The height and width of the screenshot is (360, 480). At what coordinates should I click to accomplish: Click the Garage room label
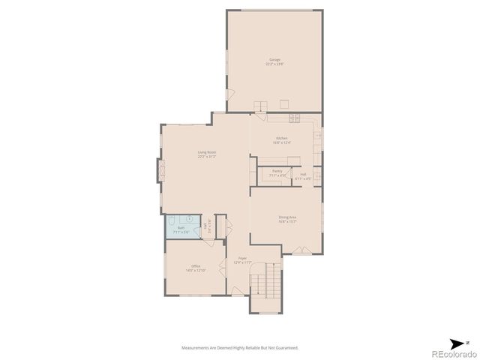tap(274, 61)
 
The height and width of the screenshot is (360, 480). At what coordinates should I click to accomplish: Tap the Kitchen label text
tap(282, 139)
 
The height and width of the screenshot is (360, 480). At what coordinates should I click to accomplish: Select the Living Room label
tap(207, 154)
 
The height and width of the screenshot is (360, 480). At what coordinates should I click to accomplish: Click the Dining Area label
tap(287, 219)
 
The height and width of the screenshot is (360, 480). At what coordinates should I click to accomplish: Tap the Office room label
tap(196, 267)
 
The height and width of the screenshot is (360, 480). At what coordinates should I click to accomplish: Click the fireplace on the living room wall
tap(159, 170)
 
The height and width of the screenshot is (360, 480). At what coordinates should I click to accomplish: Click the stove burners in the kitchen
tap(294, 117)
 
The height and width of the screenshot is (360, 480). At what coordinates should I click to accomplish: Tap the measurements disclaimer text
tap(240, 347)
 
